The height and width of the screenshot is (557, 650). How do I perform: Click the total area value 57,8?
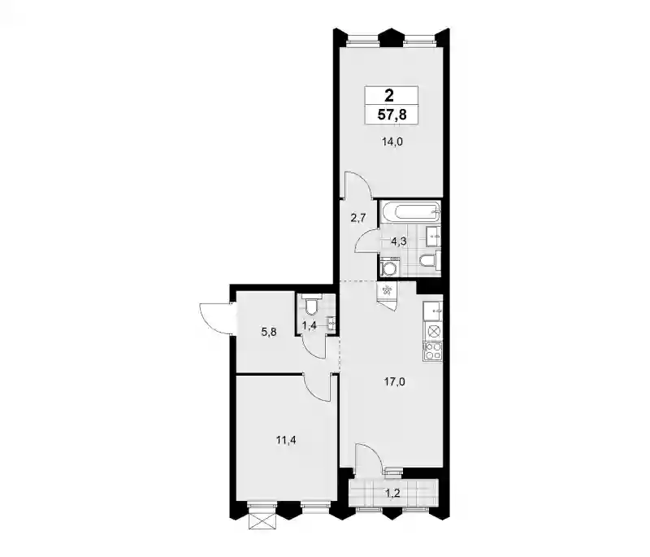click(x=392, y=114)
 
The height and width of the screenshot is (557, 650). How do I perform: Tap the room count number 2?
click(x=389, y=96)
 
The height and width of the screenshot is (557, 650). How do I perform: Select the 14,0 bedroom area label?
click(x=392, y=142)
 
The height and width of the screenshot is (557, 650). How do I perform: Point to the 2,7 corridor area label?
click(x=358, y=218)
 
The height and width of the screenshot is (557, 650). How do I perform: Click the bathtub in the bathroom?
click(x=410, y=213)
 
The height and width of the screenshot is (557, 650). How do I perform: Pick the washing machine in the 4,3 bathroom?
click(x=390, y=267)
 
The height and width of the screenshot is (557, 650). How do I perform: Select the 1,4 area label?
click(x=310, y=326)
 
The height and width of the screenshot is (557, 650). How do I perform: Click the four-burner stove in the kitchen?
click(x=433, y=351)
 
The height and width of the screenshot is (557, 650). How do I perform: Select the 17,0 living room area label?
click(x=394, y=382)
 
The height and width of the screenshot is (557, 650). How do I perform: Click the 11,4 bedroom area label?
click(x=286, y=441)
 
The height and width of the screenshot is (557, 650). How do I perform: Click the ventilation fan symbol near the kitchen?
click(x=387, y=291)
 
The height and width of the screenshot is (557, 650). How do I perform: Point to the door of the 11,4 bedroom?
click(x=318, y=387)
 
